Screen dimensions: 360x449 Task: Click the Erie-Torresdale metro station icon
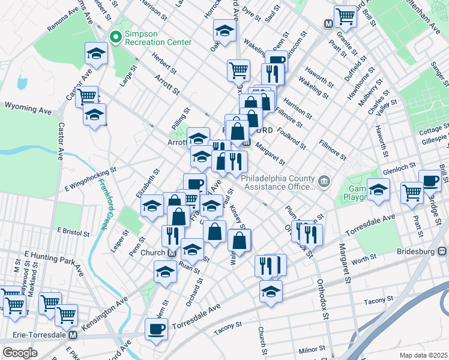[73, 335]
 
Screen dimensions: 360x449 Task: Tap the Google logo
[20, 353]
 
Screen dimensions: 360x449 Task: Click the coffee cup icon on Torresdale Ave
[157, 329]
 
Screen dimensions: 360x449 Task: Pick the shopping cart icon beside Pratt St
[412, 193]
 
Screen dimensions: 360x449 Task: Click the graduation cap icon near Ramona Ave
[95, 53]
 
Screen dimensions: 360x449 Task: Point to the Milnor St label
[312, 349]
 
